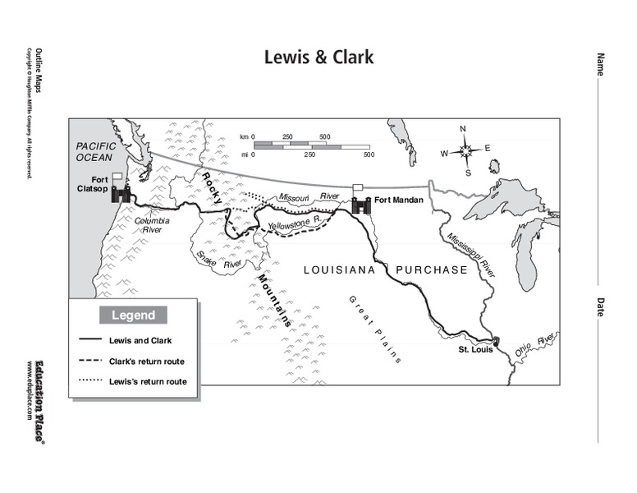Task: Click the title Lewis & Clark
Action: [x=318, y=58]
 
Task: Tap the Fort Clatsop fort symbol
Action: [x=121, y=194]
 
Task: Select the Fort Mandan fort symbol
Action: [x=360, y=204]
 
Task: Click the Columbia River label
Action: [x=152, y=225]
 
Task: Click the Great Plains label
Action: [x=373, y=329]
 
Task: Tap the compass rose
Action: [x=465, y=150]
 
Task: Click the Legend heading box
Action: [x=133, y=315]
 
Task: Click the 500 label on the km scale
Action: [x=324, y=136]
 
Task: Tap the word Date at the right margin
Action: [x=600, y=306]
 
